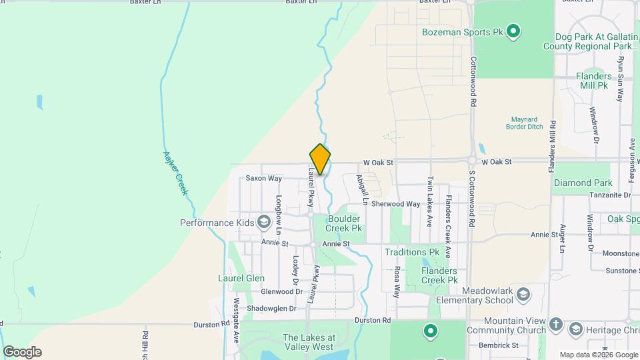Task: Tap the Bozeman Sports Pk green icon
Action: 513,31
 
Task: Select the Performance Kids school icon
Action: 264,222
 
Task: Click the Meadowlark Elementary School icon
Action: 523,294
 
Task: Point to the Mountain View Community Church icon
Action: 557,327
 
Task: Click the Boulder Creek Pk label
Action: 343,223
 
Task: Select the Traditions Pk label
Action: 411,252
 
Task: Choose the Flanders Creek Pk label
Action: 439,275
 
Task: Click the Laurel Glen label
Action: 241,278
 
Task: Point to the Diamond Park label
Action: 582,183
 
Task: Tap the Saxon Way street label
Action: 263,179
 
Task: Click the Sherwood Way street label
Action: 396,204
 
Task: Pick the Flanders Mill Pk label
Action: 593,81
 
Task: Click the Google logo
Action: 22,352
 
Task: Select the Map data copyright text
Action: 597,355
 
